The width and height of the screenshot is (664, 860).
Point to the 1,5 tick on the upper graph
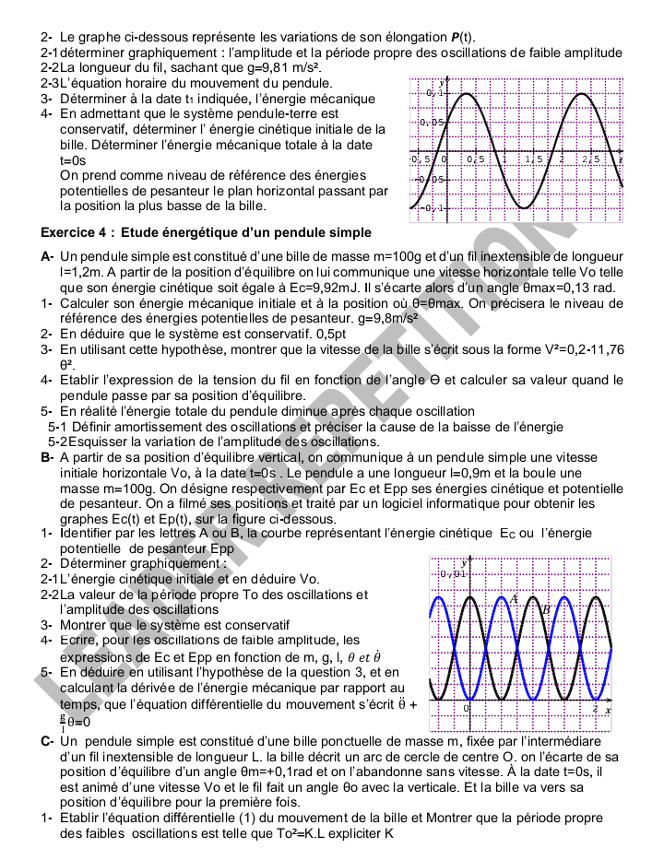click(x=534, y=160)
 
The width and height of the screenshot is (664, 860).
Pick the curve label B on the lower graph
click(x=546, y=609)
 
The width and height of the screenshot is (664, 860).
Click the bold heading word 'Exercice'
click(x=71, y=232)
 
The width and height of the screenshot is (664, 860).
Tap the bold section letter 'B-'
click(x=48, y=456)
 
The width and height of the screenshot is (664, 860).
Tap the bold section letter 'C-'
click(x=48, y=742)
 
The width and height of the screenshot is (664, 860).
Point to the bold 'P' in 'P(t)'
click(x=456, y=37)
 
